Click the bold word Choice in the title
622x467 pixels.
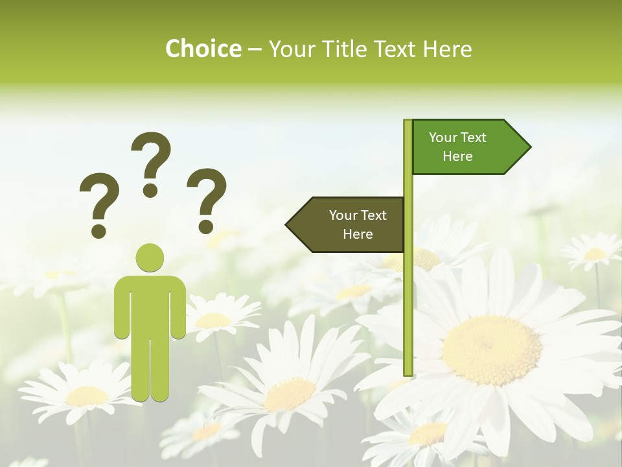click(203, 49)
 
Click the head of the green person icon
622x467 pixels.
click(150, 257)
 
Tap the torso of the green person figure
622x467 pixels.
click(150, 305)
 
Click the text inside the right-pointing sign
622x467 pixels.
click(457, 147)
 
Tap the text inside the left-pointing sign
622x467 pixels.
click(358, 224)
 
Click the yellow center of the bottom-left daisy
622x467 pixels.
click(87, 396)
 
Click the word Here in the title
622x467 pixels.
click(447, 49)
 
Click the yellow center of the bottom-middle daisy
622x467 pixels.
click(289, 394)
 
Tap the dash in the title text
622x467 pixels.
click(255, 49)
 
